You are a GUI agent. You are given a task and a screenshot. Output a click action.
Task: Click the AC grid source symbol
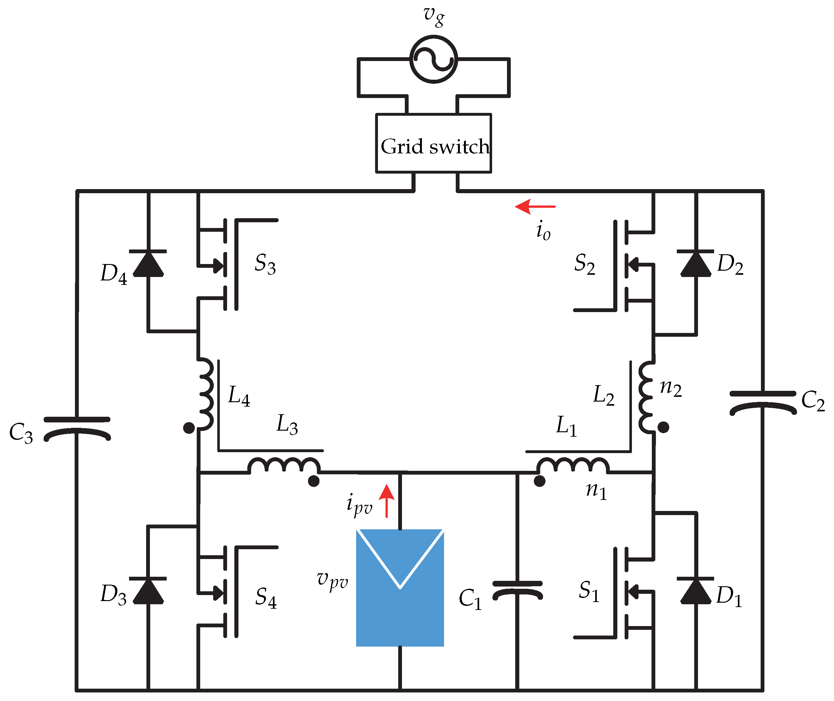[433, 59]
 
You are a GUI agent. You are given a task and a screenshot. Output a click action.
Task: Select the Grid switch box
[433, 144]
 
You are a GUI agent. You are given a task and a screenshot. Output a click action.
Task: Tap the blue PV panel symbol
[399, 588]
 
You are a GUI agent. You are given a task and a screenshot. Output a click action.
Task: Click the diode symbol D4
[148, 263]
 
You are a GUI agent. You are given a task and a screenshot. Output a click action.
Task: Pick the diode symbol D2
[696, 263]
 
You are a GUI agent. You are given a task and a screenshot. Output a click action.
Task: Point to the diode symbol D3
[148, 591]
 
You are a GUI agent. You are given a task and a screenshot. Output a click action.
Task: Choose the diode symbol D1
[696, 591]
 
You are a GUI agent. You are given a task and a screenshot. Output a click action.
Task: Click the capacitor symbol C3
[77, 429]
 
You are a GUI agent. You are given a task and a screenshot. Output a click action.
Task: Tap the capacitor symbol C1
[517, 590]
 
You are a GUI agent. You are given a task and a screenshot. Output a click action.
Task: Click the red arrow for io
[535, 207]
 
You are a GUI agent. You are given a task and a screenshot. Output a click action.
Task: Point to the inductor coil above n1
[572, 465]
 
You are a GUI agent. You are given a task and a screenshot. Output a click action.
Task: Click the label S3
[265, 264]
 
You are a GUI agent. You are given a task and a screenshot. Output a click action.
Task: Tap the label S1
[589, 591]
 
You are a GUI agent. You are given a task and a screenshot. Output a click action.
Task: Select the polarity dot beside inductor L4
[189, 428]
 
